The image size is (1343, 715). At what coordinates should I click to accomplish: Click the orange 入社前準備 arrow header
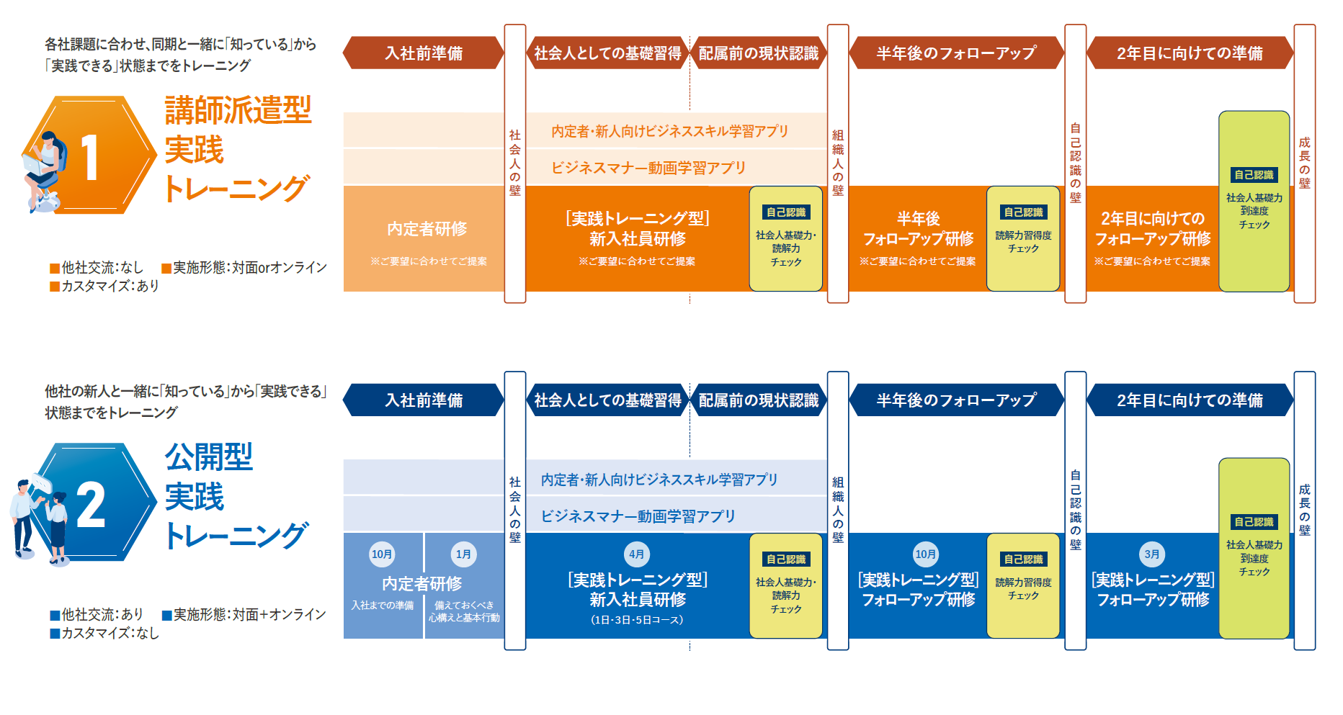coord(424,53)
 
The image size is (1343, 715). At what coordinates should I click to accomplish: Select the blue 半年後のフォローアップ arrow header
coord(956,400)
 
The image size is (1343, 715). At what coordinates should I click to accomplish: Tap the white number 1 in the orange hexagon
coord(89,158)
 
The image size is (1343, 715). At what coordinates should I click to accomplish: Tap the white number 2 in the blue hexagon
coord(91,505)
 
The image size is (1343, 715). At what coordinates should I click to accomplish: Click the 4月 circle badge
coord(636,554)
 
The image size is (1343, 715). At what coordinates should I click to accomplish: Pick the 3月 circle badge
coord(1152,554)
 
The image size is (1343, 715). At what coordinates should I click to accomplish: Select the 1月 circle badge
coord(463,554)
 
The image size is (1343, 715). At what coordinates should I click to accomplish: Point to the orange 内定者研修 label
coord(427,229)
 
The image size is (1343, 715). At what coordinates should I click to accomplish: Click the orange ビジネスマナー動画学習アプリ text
coord(648,168)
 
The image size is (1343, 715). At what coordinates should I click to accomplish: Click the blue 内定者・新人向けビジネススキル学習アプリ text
coord(659,480)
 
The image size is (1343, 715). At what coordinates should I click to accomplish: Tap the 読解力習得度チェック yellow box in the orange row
coord(1023,238)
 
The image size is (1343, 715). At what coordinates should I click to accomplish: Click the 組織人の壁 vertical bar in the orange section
coord(838,163)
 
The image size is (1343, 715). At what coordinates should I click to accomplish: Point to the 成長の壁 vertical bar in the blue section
coord(1305,511)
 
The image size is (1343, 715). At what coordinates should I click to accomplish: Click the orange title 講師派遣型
coord(238,110)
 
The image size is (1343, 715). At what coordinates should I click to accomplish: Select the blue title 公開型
coord(209,457)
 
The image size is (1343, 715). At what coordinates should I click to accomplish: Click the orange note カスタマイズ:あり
coord(105,286)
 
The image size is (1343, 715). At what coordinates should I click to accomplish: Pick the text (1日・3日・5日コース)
coord(637,619)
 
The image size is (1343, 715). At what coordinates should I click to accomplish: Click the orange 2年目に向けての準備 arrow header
coord(1190,53)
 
